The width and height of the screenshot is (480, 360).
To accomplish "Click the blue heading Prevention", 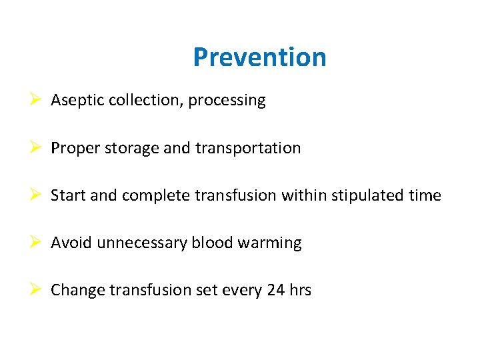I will click(x=259, y=57).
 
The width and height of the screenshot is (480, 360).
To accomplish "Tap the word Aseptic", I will click(x=73, y=101).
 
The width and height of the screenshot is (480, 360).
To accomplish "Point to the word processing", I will click(x=227, y=101).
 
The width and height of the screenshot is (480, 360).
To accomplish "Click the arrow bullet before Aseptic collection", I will click(x=37, y=100).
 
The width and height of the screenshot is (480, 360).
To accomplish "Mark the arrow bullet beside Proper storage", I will click(x=37, y=147).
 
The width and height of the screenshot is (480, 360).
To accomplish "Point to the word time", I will click(x=426, y=195).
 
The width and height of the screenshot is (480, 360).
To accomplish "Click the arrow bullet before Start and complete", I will click(x=37, y=195).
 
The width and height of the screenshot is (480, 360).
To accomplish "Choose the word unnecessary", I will click(x=142, y=243).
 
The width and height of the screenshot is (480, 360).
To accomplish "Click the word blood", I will click(x=208, y=243).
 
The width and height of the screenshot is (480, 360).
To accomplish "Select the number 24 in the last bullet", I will click(x=274, y=290).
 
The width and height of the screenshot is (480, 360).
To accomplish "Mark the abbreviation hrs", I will click(x=299, y=290).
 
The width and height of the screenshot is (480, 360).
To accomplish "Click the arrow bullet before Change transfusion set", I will click(x=37, y=289).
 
